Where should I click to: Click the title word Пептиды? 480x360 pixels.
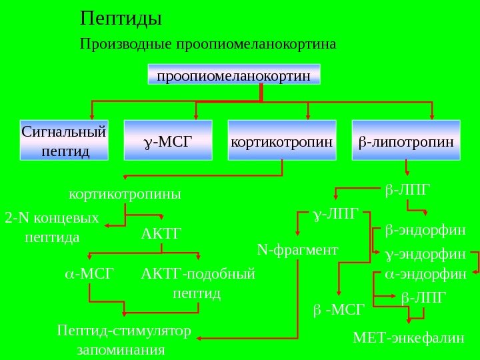121,17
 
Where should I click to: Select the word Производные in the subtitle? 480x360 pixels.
125,45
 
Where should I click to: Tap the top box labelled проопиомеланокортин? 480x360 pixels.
233,75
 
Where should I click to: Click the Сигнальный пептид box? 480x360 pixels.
65,141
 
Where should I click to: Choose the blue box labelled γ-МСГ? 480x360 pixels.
168,141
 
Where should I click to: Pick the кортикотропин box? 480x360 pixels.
281,141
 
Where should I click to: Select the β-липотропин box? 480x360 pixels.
405,141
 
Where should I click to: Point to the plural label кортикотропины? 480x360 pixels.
125,195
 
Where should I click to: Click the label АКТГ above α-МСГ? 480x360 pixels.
161,234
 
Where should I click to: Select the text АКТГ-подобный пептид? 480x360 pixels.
198,283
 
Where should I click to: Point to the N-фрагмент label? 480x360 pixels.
297,250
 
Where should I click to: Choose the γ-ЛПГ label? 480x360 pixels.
335,214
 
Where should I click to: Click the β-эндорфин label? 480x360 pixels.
425,231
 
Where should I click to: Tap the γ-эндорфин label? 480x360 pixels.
425,254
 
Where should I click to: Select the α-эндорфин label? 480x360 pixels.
425,274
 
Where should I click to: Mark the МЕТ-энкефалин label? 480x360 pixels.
408,337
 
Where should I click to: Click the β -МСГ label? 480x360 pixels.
339,309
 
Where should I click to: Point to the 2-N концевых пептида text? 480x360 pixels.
51,227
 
